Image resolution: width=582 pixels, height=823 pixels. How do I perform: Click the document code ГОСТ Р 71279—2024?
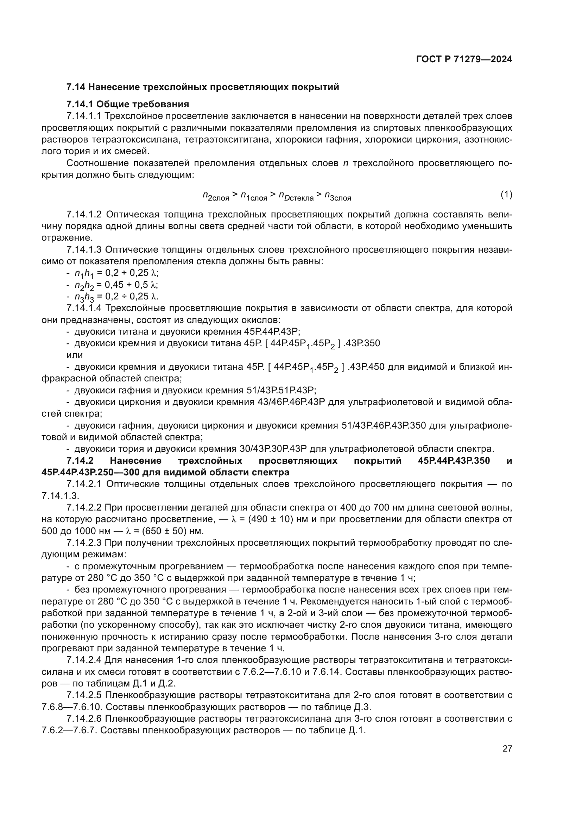(x=464, y=59)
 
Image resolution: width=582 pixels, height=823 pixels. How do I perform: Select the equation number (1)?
(x=506, y=195)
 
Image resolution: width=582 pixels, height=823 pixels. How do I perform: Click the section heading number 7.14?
(x=75, y=87)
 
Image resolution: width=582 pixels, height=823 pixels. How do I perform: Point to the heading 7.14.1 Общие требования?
(x=128, y=104)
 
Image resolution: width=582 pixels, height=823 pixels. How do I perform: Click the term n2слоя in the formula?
(x=216, y=196)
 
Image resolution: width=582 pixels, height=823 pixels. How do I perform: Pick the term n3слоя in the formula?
(x=337, y=196)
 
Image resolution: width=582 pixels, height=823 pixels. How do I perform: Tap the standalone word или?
(x=75, y=355)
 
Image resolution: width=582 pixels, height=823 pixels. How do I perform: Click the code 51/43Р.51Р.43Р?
(x=281, y=390)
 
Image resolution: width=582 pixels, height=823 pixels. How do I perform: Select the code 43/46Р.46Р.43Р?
(x=291, y=402)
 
